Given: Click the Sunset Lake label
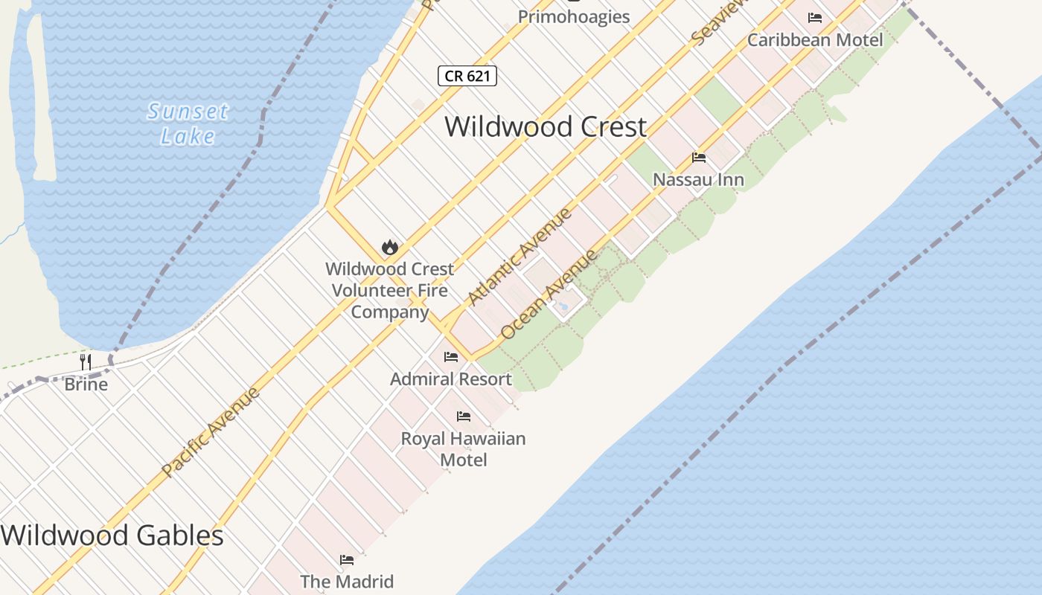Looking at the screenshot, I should point(188,123).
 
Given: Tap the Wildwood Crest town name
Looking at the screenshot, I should point(546,126).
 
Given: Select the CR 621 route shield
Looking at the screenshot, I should point(467,76).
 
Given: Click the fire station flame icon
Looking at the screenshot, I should point(389,248).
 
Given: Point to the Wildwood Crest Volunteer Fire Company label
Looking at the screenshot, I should point(389,290).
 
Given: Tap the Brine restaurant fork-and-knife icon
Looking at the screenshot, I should point(86,362).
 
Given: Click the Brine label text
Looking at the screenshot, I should point(86,385).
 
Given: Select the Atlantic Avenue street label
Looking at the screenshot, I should point(520,257).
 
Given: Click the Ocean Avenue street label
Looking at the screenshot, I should point(549,295).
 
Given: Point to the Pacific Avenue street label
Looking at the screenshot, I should point(211,432).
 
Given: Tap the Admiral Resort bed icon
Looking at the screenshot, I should point(451,357).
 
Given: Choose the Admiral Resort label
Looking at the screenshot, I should point(451,379).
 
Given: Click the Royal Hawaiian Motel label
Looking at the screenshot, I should point(463,449).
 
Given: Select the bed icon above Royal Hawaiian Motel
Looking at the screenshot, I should point(464,416).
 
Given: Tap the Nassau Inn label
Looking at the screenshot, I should point(698,180).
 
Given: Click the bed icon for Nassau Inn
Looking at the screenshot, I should point(699,158).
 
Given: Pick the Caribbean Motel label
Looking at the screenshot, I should point(815,40).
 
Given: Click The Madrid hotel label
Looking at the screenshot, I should point(347,581).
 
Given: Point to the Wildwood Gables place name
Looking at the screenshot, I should point(112,535).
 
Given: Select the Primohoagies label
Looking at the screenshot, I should point(574,16).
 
